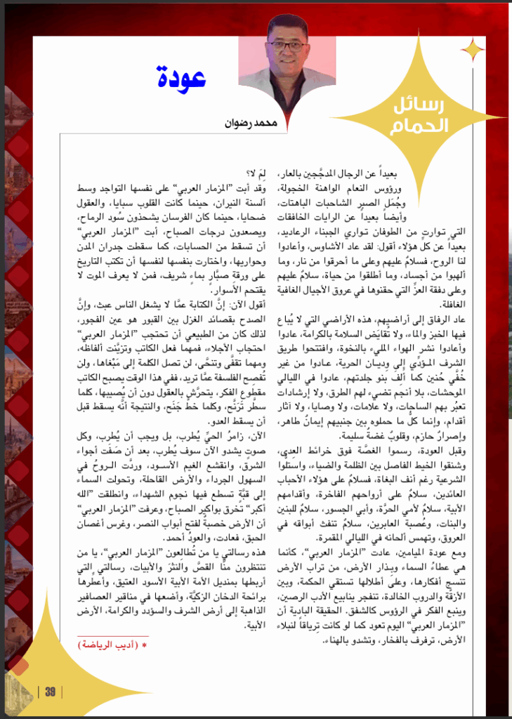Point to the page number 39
pos(50,692)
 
